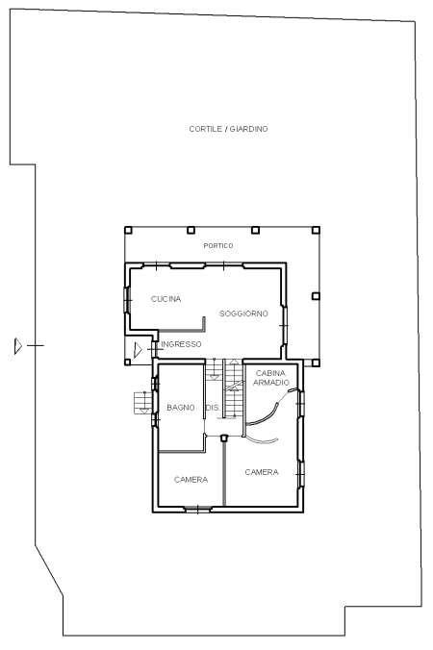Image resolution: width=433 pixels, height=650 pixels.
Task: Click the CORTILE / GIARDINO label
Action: pos(228,129)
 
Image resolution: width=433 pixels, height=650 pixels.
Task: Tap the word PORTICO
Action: pos(218,246)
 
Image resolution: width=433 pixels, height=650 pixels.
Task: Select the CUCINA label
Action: pos(166,299)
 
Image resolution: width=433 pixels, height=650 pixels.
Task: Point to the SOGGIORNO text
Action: pos(243,313)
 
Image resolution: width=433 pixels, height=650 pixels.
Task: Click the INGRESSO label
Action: pos(181,344)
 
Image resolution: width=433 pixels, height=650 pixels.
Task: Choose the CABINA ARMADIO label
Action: pos(270,378)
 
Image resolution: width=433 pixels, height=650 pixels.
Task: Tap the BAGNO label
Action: pos(181,408)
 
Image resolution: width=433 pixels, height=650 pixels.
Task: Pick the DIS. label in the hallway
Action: pos(213,408)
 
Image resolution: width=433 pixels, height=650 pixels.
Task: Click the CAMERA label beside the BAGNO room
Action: pos(191,480)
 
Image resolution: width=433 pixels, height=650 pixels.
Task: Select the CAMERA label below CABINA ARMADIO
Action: pos(262,472)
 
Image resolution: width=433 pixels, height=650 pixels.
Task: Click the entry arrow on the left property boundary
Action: pos(18,346)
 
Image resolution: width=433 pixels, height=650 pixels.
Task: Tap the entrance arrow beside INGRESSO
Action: pos(138,350)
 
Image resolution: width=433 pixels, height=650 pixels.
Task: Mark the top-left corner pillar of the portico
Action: pos(128,230)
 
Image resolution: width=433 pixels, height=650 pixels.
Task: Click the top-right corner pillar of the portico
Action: pos(316,230)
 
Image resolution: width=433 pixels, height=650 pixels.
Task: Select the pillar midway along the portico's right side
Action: pos(316,296)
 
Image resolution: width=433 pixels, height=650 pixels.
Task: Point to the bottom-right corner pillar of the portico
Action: pos(316,363)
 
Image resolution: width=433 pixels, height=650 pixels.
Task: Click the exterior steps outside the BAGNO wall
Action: pos(143,403)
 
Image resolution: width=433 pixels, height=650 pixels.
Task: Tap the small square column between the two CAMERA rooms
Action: pos(224,437)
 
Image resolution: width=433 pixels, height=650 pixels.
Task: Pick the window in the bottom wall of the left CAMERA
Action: pos(198,509)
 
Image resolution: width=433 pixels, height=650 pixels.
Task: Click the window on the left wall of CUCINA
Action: pos(127,300)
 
